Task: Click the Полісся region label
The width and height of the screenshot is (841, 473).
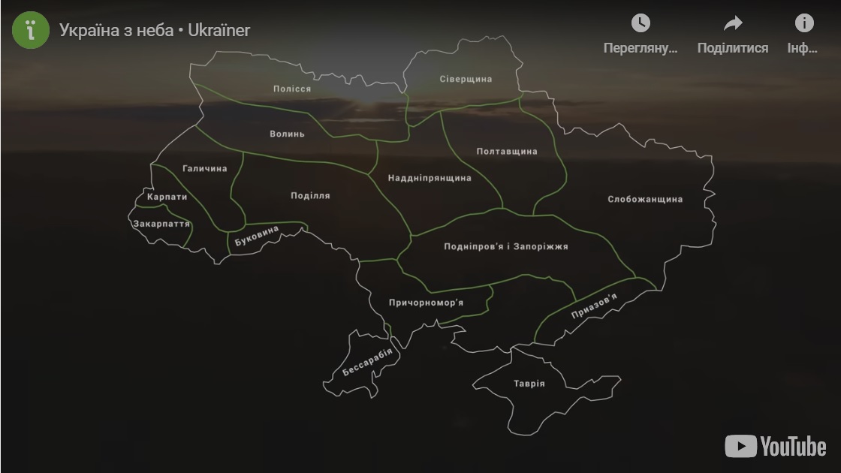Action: [x=291, y=89]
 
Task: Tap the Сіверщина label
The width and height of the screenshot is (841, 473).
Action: [x=466, y=79]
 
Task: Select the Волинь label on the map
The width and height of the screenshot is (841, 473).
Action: [x=287, y=134]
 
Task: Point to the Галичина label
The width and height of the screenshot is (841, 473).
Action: [x=204, y=169]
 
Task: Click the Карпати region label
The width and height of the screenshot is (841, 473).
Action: [x=167, y=197]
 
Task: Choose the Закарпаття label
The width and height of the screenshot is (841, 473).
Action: [x=161, y=224]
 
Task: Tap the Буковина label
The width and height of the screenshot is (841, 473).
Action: [x=257, y=236]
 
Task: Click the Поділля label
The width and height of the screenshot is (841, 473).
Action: [x=310, y=196]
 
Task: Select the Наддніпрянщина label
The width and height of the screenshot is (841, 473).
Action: [x=430, y=178]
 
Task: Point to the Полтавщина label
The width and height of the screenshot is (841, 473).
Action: [x=507, y=152]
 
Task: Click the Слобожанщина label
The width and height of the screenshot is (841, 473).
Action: [x=645, y=200]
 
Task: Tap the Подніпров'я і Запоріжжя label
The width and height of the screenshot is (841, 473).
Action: [x=506, y=246]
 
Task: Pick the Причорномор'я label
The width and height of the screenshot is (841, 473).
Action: [x=426, y=303]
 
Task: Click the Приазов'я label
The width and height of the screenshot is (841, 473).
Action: [x=594, y=306]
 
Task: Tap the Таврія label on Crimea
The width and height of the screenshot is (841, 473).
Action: [x=529, y=384]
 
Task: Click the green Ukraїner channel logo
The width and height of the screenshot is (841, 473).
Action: [x=31, y=30]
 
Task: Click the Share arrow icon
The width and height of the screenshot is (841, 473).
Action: [x=732, y=24]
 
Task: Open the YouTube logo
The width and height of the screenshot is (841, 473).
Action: [x=775, y=446]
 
